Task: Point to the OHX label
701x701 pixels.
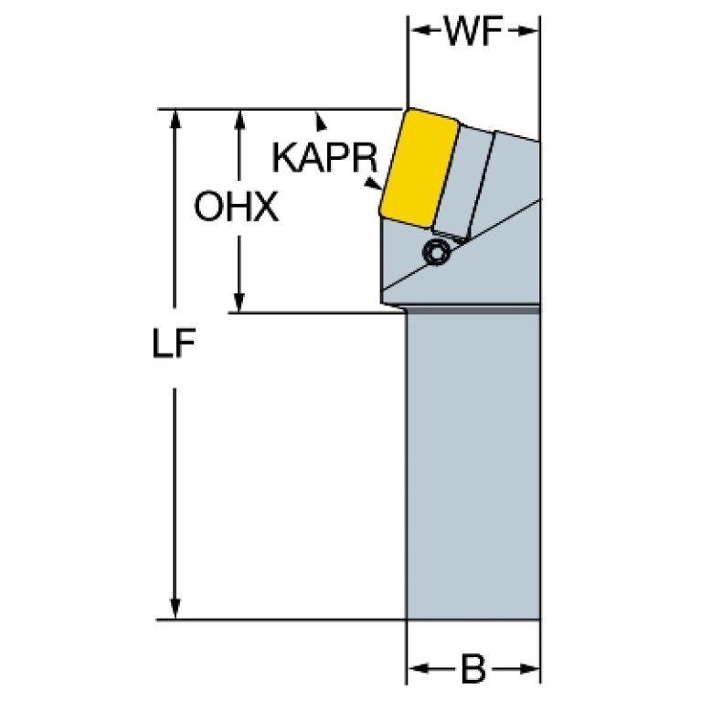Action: pyautogui.click(x=236, y=208)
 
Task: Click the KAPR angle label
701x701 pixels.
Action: pyautogui.click(x=325, y=158)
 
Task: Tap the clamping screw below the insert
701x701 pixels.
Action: pyautogui.click(x=438, y=251)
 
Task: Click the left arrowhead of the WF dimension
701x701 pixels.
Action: pyautogui.click(x=416, y=32)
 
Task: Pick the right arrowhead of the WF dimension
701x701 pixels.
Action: pyautogui.click(x=531, y=32)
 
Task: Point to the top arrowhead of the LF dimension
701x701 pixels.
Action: pyautogui.click(x=175, y=117)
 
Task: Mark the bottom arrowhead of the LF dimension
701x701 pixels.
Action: pyautogui.click(x=175, y=611)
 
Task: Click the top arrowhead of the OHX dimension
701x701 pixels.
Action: pyautogui.click(x=239, y=117)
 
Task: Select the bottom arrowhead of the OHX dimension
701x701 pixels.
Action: pyautogui.click(x=239, y=304)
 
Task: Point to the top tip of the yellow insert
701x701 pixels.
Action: pyautogui.click(x=407, y=110)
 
